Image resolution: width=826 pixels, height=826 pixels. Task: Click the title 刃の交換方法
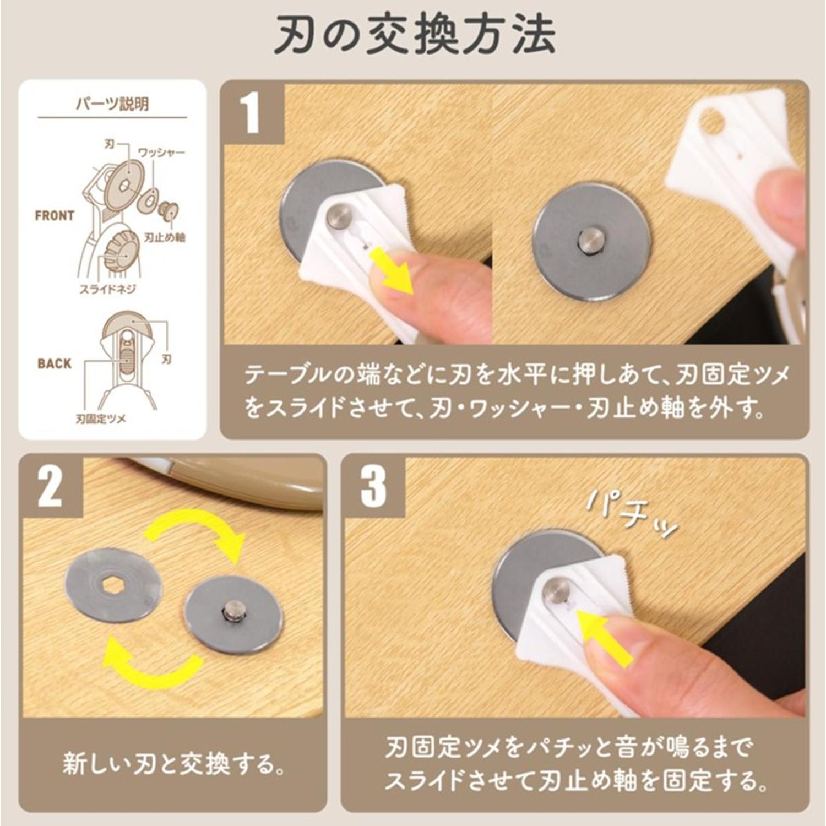pos(414,36)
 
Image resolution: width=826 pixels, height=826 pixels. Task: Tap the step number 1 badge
pos(252,113)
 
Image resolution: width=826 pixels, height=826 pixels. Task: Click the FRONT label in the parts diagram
pos(54,216)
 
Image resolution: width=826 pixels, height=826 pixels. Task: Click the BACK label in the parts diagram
pos(55,363)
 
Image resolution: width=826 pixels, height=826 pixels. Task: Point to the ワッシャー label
pos(161,152)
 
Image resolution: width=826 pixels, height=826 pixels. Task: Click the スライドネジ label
pos(108,289)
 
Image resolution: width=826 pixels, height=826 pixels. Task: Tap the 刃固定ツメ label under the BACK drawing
pos(101,420)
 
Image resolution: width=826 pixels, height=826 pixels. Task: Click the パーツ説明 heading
pos(112,104)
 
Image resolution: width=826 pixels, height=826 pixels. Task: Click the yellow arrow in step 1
pos(393,269)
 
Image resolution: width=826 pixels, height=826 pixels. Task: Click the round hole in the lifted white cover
pos(710,121)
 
